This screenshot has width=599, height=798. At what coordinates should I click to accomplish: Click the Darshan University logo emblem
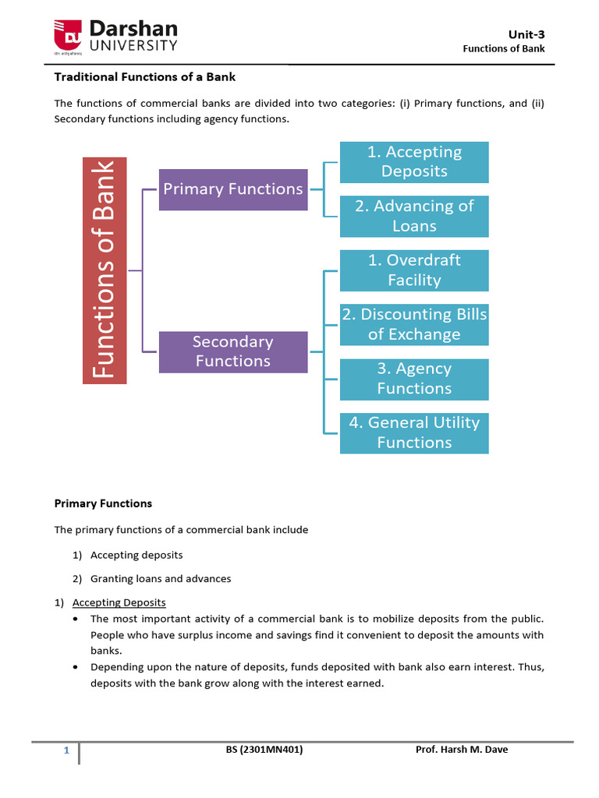point(68,35)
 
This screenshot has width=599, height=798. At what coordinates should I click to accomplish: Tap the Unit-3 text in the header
point(527,34)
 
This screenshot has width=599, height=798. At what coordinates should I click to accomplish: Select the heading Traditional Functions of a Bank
point(144,77)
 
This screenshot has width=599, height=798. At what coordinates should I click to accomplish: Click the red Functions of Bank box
point(105,270)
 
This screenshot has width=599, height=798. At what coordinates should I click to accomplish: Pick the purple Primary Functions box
point(232,189)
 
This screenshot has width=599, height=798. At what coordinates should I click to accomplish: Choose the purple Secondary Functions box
point(232,351)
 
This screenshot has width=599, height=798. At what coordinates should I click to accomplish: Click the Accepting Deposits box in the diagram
point(414,162)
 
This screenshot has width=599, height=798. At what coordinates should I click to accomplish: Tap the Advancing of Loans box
point(414,217)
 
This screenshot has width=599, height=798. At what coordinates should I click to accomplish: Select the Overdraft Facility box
point(414,270)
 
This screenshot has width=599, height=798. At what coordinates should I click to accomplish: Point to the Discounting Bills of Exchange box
point(414,325)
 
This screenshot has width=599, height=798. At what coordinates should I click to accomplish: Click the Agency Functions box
point(414,379)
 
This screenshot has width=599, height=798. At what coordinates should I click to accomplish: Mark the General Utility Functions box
point(414,433)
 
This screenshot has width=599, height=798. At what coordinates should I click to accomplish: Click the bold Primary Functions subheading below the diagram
point(103,503)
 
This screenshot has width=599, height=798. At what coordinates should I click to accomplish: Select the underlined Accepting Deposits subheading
point(119,602)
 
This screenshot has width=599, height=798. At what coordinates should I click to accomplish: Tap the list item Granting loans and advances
point(161,579)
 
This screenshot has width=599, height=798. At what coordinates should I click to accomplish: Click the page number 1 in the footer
point(67,751)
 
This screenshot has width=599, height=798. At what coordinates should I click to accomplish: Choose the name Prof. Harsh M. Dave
point(463,750)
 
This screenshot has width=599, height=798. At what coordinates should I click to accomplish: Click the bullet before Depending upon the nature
point(74,667)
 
